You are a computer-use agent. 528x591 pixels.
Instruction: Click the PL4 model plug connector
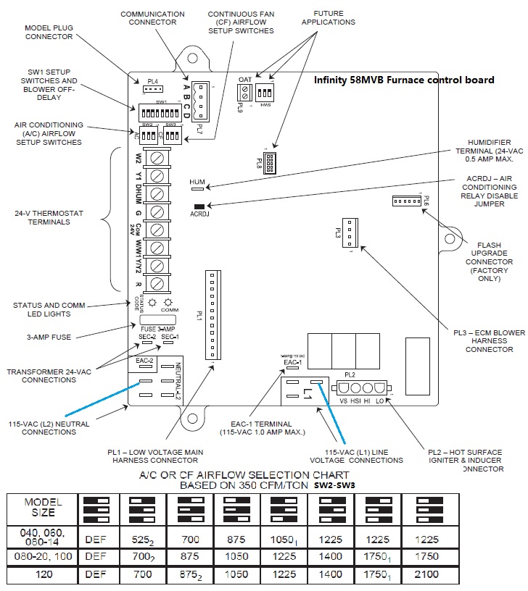[151, 89]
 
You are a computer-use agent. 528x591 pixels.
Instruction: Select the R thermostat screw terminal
[157, 284]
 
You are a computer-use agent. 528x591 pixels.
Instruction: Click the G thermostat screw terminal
[157, 214]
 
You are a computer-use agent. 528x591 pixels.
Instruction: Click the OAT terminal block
[245, 92]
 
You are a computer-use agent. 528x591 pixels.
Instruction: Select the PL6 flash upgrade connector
[407, 201]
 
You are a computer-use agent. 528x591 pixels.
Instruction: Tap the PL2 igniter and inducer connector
[360, 388]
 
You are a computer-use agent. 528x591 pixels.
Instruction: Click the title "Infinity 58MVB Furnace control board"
[404, 80]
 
